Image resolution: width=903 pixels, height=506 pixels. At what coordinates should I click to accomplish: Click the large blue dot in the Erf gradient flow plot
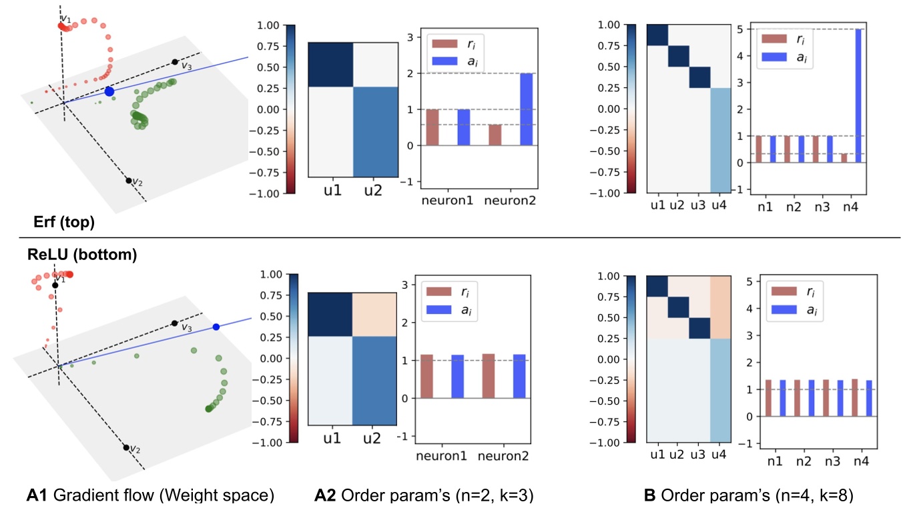click(x=109, y=91)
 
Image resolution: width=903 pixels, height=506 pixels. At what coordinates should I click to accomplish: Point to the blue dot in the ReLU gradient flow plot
click(x=216, y=327)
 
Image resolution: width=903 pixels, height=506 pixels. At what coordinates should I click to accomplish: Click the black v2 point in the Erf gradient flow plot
click(x=128, y=180)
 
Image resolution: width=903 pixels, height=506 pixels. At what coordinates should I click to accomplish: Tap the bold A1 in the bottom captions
click(x=36, y=495)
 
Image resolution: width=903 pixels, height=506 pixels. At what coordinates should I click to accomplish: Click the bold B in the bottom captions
click(x=647, y=495)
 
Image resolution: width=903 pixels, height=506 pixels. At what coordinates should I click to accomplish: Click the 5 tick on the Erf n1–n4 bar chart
click(x=738, y=29)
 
